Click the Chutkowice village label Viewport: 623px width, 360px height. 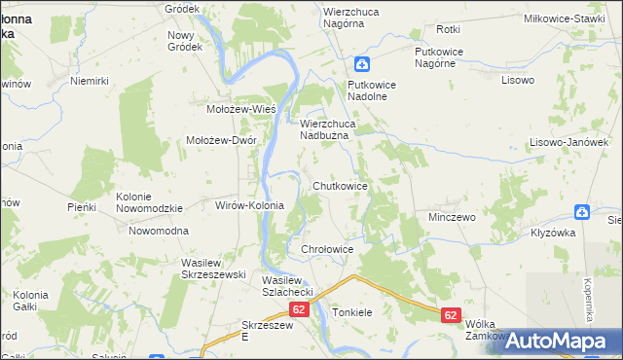pos(340,185)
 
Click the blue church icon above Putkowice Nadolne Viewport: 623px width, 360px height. pos(361,65)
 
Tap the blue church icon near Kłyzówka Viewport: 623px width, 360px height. pos(581,211)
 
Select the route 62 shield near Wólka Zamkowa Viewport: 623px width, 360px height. pos(450,315)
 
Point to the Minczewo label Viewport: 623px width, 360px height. pos(452,217)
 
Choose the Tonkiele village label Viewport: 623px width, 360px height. pos(352,313)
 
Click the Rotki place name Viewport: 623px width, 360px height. pos(449,30)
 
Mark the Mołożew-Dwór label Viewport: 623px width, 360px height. pos(221,140)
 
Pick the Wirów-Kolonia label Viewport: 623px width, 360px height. pos(248,206)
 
